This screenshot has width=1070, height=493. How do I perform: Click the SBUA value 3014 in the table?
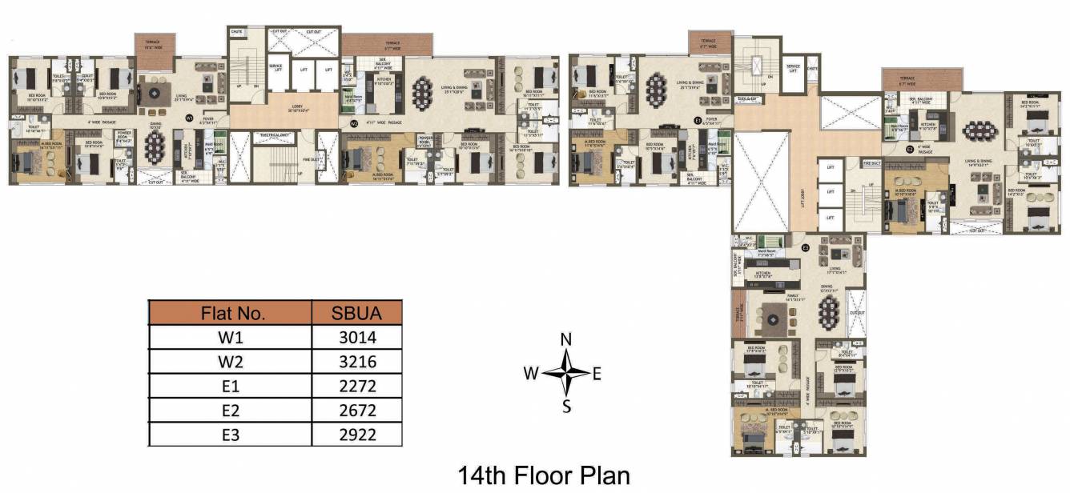click(356, 337)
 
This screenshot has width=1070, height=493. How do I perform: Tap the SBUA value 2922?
click(356, 435)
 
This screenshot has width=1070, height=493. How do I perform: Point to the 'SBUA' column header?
click(356, 312)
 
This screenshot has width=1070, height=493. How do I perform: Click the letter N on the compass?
click(566, 339)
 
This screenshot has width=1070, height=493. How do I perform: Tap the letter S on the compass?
click(566, 406)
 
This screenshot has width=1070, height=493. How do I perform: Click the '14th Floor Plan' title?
click(543, 475)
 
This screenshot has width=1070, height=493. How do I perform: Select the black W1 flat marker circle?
click(190, 118)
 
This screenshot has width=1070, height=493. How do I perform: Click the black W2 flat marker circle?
click(353, 123)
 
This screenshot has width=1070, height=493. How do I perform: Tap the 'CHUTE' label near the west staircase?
click(236, 32)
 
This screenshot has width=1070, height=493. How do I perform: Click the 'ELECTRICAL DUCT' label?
click(272, 136)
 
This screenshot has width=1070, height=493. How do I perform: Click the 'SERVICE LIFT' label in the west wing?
click(276, 68)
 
